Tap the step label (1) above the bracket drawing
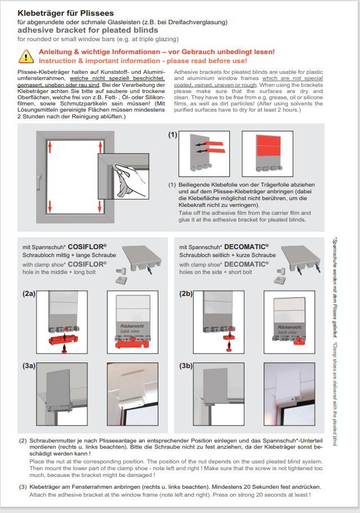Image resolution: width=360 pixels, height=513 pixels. tap(172, 136)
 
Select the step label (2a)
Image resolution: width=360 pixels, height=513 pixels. tap(29, 294)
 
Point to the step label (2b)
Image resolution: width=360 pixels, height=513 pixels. tap(186, 294)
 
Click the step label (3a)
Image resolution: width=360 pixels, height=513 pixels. tap(29, 366)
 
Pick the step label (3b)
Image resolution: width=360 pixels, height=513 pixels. tap(186, 366)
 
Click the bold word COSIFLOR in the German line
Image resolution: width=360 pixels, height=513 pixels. tap(87, 247)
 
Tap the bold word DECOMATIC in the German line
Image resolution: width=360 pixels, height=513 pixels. tap(247, 247)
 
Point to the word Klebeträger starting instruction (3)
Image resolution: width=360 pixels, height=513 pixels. tap(46, 486)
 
